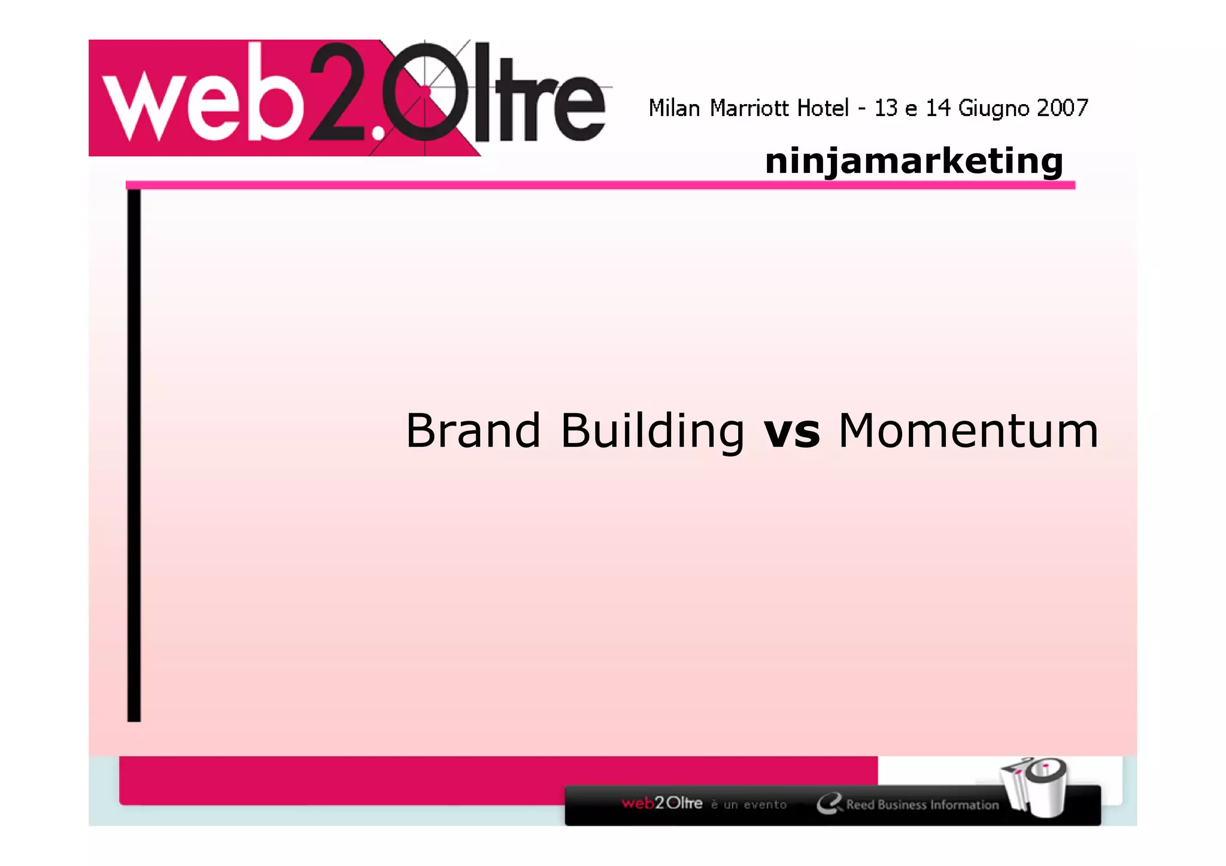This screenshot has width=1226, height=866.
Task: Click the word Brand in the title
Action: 473,430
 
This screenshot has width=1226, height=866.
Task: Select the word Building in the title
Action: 653,432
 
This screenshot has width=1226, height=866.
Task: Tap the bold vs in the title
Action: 791,432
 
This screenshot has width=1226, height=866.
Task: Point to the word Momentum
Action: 968,430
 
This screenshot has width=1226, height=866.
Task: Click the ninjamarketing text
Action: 914,161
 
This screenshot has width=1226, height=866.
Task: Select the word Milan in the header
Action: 674,108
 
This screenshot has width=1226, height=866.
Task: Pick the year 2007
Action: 1062,108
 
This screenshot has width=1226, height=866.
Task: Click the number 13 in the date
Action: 886,108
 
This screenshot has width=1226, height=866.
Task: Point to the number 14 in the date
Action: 938,108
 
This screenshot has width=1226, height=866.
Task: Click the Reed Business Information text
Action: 922,805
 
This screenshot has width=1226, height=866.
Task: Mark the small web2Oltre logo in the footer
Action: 661,803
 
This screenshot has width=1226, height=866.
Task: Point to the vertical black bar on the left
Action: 134,455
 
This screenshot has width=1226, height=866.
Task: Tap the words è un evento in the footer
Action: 748,805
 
